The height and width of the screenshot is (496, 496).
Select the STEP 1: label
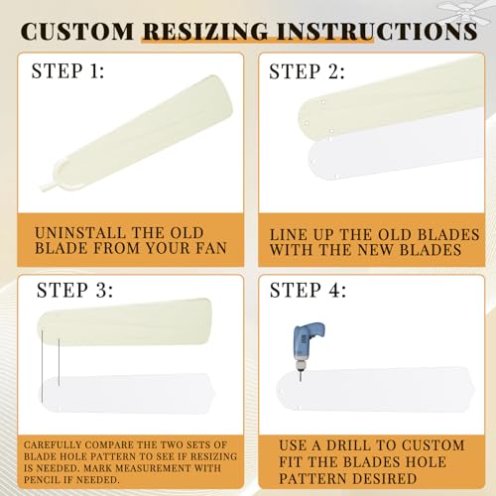point(68,71)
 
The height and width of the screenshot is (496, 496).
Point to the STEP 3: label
point(74,291)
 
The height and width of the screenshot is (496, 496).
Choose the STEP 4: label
point(309,291)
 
